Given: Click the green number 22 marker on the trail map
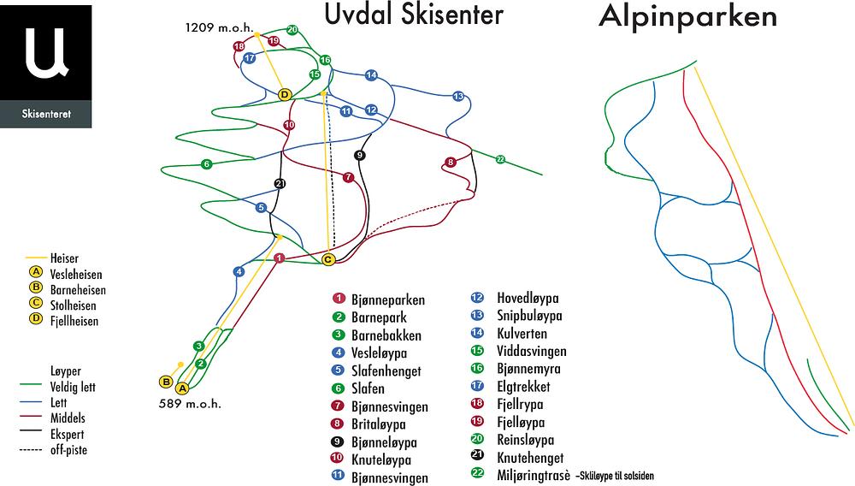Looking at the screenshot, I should tap(500, 159).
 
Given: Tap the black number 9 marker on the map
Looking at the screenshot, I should tap(359, 155).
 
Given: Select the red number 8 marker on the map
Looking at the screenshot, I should tap(450, 162).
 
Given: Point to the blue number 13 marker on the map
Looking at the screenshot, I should tap(458, 97).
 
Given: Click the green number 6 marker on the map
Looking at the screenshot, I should tap(206, 164).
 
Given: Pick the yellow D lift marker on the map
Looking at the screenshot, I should tap(285, 94).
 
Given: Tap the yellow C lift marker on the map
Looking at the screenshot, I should tap(328, 258).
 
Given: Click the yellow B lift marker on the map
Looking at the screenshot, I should tap(166, 381).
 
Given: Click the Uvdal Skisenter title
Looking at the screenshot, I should tap(413, 15).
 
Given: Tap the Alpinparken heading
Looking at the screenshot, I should tap(688, 17).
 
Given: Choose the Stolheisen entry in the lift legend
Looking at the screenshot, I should tap(74, 305).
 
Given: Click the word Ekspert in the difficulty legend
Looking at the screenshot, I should tap(68, 435).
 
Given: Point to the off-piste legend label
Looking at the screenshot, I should tap(69, 450).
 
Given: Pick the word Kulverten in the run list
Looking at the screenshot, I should tap(522, 334).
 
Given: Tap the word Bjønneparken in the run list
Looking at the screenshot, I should tap(388, 300).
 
